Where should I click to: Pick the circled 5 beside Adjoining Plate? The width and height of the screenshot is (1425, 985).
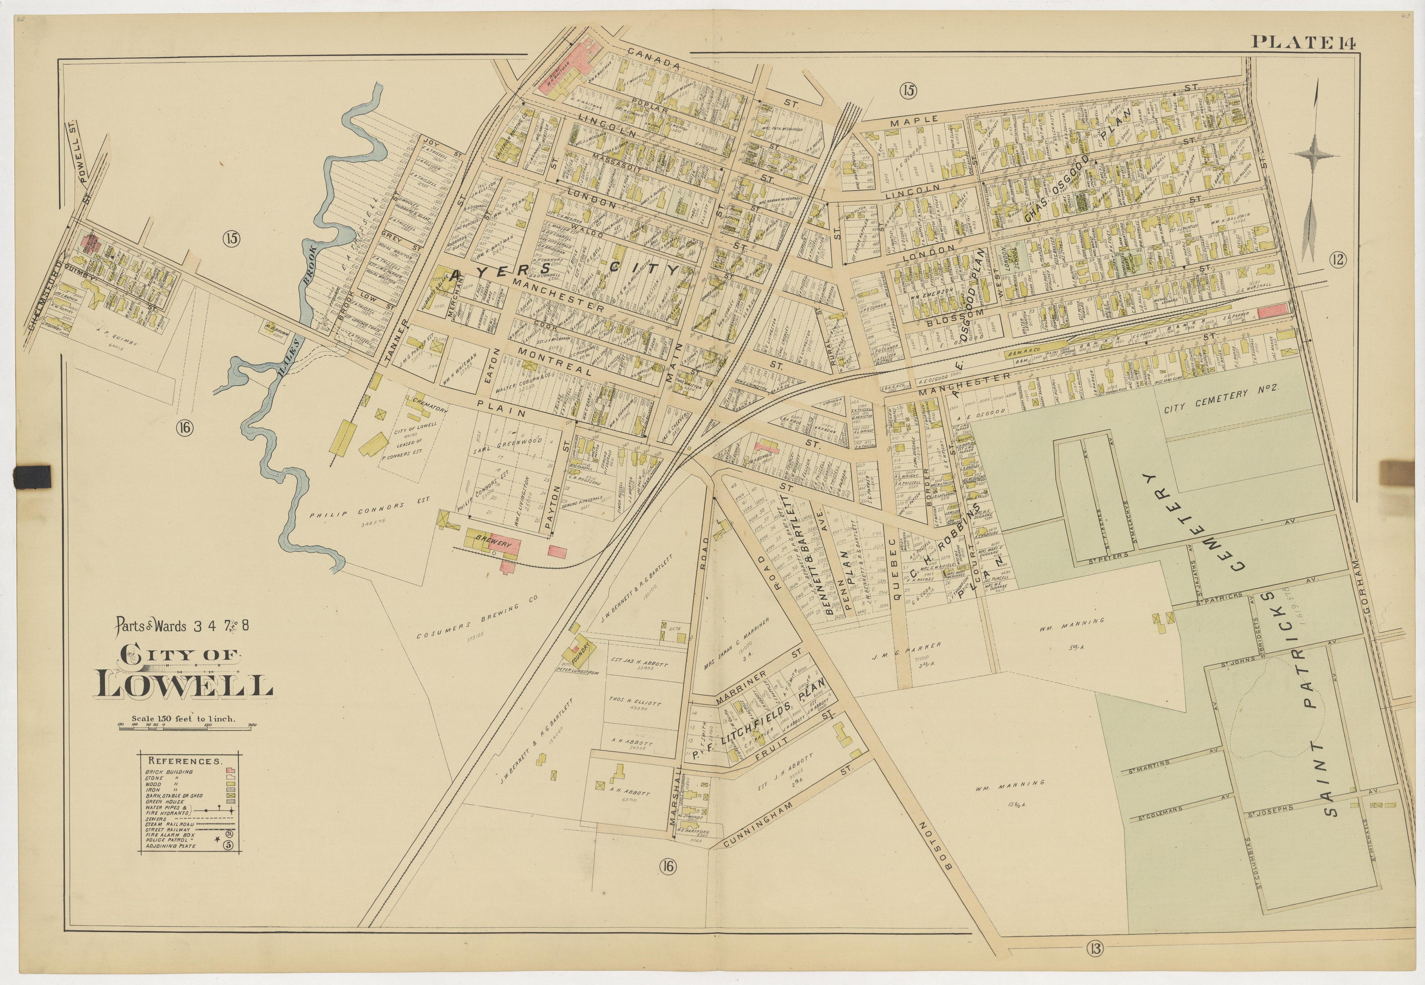coord(228,845)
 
